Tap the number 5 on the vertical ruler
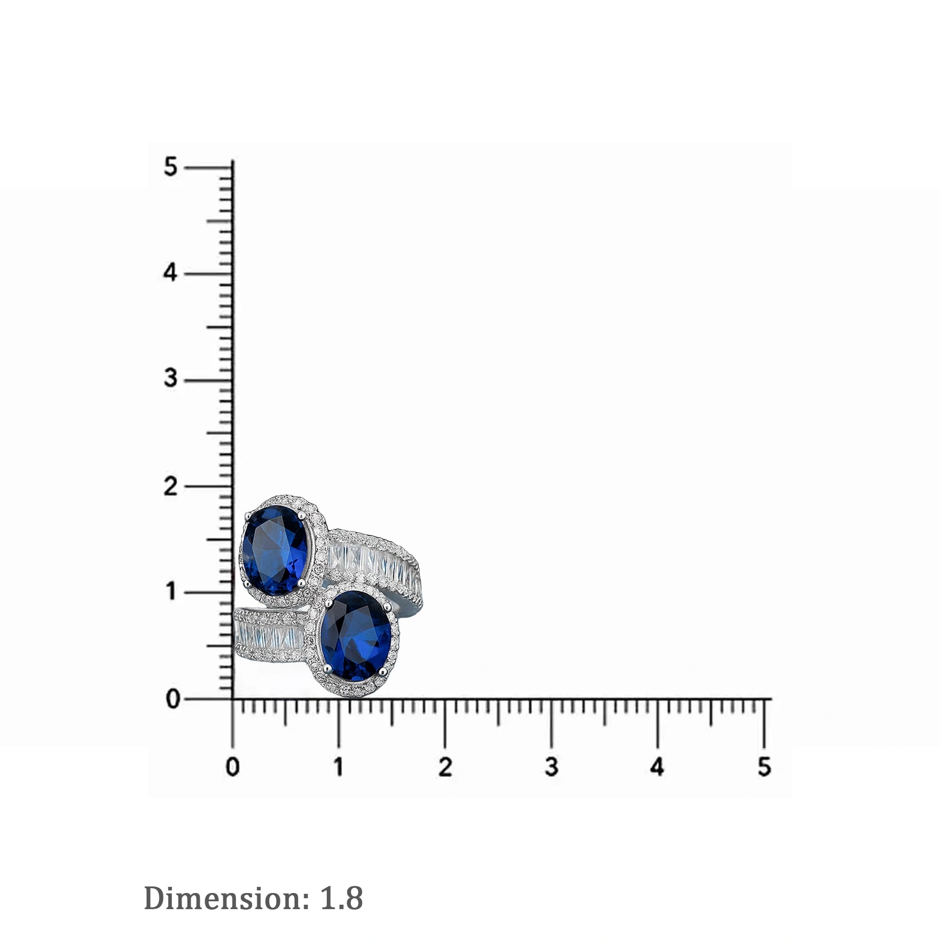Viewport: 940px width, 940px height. coord(171,168)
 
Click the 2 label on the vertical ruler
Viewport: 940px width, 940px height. coord(171,487)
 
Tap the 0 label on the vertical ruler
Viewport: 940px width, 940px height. coord(173,699)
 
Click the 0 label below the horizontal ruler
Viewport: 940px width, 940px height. coord(232,767)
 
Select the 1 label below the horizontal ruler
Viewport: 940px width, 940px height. coord(339,767)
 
